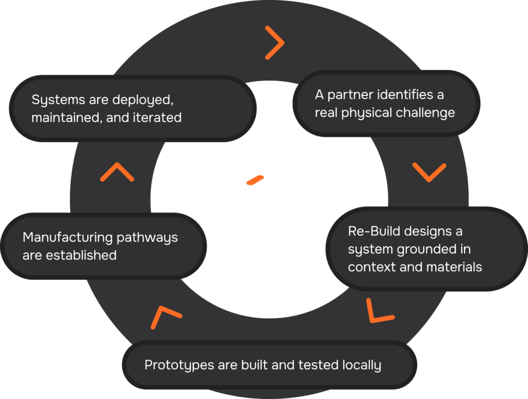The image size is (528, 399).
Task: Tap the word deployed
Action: (x=137, y=100)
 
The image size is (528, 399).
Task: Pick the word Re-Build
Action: (x=373, y=231)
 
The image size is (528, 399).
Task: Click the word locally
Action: (x=361, y=365)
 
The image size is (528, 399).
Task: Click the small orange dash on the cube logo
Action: (x=255, y=181)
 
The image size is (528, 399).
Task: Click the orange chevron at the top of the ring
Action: (x=275, y=42)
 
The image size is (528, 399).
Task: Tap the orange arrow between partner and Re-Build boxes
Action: (x=430, y=172)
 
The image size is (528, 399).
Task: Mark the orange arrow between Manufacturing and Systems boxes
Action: (x=117, y=172)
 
